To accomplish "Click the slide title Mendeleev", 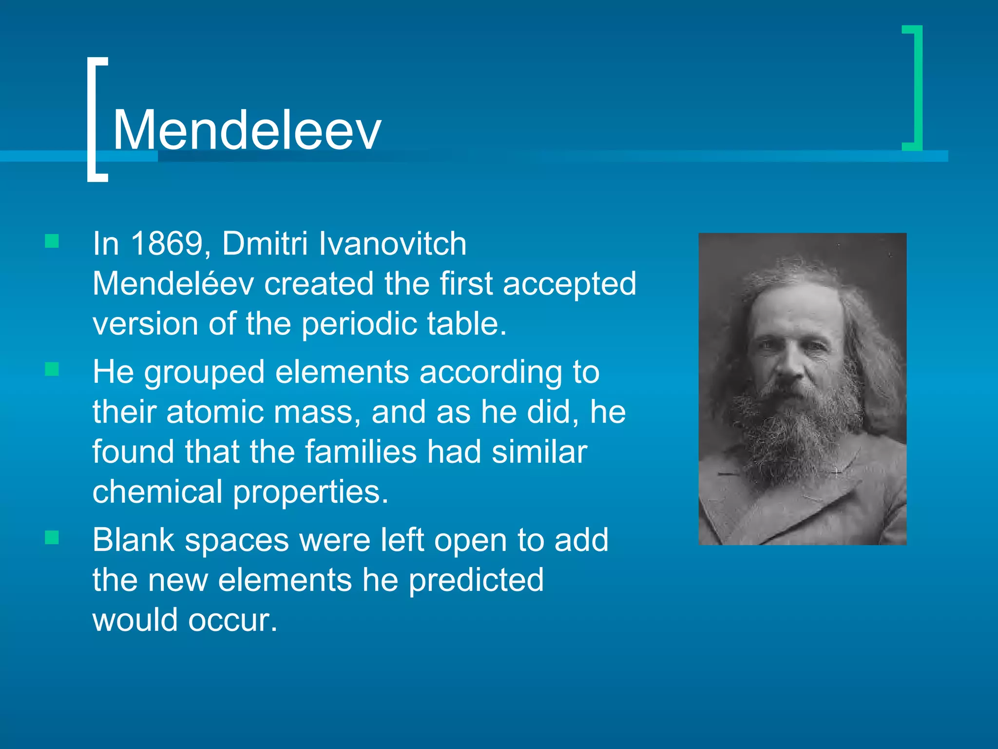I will (x=247, y=130).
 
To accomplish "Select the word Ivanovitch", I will (x=392, y=244).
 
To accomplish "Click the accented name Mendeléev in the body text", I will (x=173, y=284).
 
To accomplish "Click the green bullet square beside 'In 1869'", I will (x=52, y=241).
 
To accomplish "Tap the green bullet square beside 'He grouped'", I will (x=52, y=369).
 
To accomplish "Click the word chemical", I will (x=157, y=492).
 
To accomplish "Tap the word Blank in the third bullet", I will (x=133, y=540).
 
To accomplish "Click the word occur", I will (x=232, y=621).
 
